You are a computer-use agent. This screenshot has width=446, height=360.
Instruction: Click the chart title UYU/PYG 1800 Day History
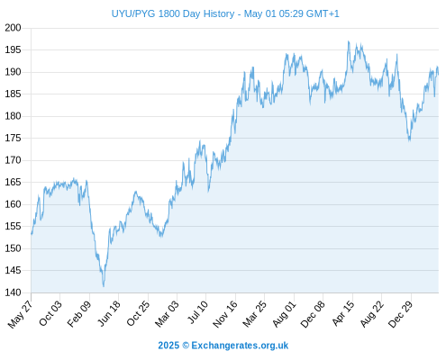pos(173,13)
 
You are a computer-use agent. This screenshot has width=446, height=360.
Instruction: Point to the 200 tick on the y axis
pos(13,28)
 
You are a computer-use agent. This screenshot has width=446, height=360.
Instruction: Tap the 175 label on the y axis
pos(13,138)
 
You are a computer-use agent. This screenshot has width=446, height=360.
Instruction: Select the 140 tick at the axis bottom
pos(13,292)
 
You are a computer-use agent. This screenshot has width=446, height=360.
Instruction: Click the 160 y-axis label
pos(13,204)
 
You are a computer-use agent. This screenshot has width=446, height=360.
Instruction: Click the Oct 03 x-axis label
pos(50,313)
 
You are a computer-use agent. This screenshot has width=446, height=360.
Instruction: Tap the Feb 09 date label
pos(79,313)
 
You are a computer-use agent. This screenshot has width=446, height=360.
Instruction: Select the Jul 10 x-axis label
pos(197,312)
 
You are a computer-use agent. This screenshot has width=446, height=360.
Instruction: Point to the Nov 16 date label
pos(225,314)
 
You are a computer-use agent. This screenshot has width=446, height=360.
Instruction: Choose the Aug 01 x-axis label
pos(284,313)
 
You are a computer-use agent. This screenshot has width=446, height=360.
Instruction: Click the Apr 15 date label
pos(343,313)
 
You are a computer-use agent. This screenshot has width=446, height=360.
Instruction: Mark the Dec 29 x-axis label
pos(401,314)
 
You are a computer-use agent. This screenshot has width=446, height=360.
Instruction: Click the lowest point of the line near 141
pos(104,286)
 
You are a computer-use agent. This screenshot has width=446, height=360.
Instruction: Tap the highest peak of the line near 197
pos(349,41)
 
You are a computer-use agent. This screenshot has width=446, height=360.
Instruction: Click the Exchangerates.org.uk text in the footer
pos(240,346)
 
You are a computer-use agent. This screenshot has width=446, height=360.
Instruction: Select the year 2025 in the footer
pos(168,346)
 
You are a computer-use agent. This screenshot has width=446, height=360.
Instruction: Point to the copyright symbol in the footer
pos(186,346)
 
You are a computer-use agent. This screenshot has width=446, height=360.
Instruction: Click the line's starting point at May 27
pos(32,234)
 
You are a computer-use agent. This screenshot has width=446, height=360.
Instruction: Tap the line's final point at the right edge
pos(438,75)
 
